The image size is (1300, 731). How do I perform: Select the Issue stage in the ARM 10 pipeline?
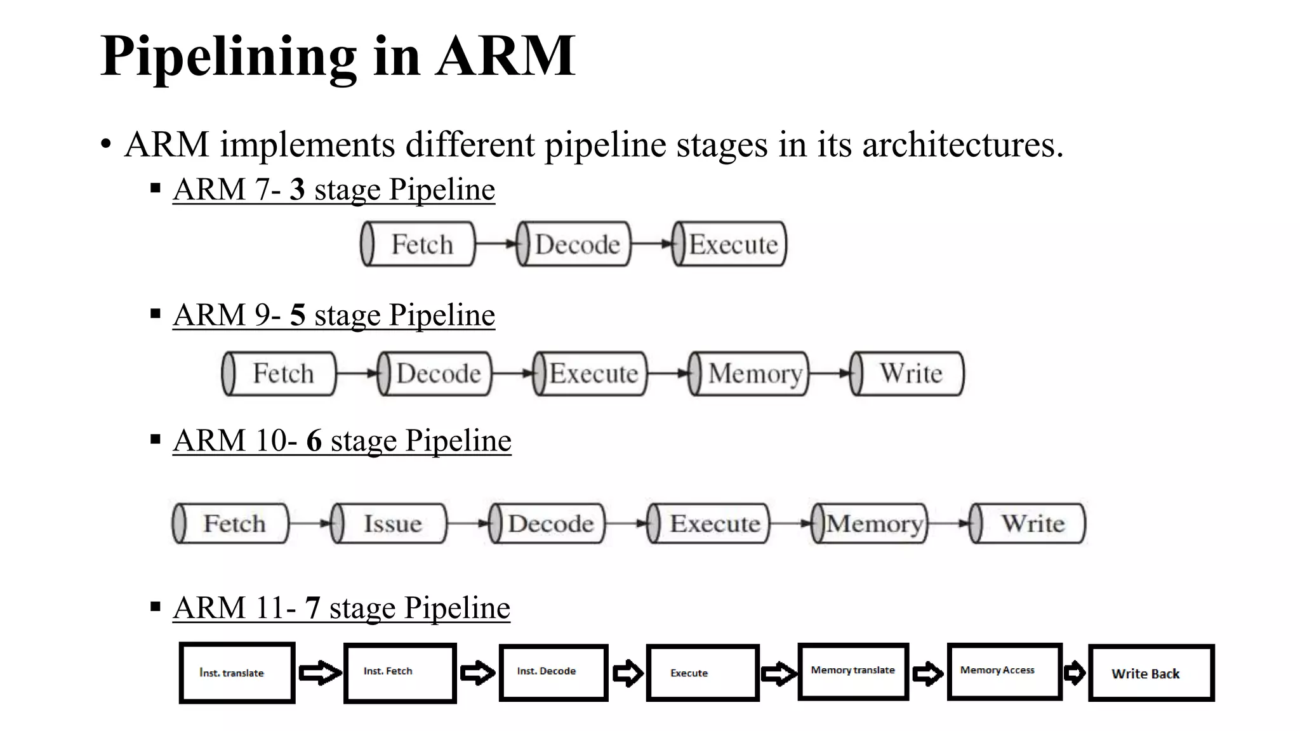point(389,524)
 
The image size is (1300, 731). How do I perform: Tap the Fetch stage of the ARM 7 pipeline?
point(418,244)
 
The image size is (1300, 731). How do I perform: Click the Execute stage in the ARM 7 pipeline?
point(729,244)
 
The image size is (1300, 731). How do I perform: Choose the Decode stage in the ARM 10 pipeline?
point(547,524)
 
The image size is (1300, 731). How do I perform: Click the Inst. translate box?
point(237,673)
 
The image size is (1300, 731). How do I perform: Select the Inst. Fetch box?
point(400,673)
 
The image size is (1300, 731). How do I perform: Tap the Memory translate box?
point(853,671)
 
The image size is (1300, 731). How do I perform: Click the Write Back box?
point(1151,673)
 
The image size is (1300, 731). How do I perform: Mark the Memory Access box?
point(1004,671)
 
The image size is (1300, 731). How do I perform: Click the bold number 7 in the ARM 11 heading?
point(312,608)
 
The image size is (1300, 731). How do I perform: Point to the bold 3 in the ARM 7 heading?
point(297,190)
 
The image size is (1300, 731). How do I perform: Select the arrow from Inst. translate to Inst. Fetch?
point(319,673)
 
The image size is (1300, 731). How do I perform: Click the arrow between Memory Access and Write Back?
point(1075,673)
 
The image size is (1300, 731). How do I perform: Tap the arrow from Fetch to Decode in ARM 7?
point(496,244)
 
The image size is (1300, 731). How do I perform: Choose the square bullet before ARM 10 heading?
point(156,439)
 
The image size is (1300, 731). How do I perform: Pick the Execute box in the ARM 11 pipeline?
point(702,673)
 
